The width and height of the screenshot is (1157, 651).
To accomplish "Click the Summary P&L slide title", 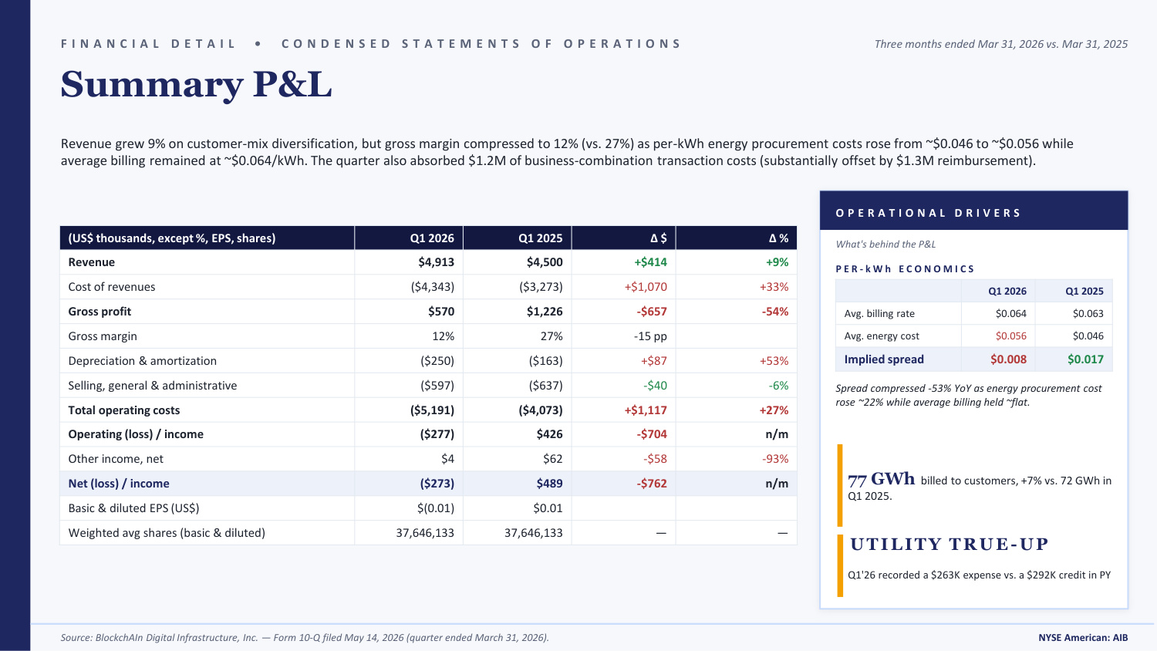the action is tap(196, 84).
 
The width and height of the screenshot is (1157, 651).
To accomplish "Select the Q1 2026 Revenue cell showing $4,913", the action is tap(436, 262).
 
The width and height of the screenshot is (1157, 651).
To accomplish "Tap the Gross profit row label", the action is tap(100, 312).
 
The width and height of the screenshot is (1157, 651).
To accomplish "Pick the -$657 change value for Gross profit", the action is tap(651, 312).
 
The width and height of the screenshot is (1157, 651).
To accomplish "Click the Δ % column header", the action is tap(778, 238).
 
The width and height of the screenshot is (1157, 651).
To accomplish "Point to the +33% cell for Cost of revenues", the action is tap(774, 287).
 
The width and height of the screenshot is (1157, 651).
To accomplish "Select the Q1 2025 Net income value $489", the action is tap(549, 483).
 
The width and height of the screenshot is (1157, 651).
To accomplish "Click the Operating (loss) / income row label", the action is tap(136, 434).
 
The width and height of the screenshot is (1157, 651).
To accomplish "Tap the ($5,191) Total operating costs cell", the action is tap(432, 410).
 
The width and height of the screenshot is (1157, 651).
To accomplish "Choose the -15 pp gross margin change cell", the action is tap(650, 336).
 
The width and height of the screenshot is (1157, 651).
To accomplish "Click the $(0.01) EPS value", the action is tap(436, 508).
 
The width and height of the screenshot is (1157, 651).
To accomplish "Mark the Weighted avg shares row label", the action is tap(167, 533).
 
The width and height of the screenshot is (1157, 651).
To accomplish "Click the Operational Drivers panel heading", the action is tap(928, 213).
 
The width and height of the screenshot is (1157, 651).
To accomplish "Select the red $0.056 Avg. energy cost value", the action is tap(1010, 336).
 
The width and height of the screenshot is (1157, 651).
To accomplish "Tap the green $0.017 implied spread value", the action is tap(1085, 359).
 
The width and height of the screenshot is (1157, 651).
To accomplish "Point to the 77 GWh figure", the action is tap(881, 480).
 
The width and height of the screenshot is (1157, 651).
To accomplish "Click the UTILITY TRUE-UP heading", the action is tap(950, 544).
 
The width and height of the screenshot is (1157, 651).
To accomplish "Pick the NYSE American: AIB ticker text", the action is tap(1083, 638).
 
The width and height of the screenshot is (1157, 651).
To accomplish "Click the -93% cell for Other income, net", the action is tap(775, 459).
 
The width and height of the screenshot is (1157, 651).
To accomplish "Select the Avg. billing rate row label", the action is tap(879, 314).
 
